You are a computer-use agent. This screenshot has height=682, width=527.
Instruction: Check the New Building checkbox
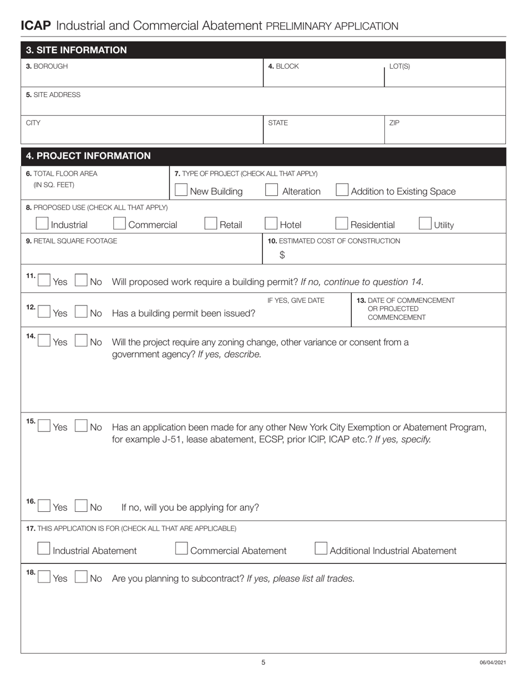pos(180,190)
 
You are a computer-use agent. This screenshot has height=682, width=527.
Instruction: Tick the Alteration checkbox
pos(271,190)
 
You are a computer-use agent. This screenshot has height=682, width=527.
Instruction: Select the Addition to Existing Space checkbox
pos(342,190)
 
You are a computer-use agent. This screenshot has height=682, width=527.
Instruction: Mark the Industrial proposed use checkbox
pos(42,223)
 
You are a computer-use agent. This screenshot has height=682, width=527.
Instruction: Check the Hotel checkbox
pos(271,223)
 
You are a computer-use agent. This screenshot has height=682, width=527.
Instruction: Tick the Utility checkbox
pos(425,223)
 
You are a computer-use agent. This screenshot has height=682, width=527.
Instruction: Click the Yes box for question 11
pos(44,281)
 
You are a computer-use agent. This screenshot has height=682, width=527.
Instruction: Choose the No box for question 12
pos(80,312)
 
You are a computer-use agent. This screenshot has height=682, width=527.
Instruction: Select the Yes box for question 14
pos(44,341)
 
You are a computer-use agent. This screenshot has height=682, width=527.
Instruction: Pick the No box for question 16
pos(80,506)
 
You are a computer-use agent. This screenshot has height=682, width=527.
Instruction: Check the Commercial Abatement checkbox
pos(181,549)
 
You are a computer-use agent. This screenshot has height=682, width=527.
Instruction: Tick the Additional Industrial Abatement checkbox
pos(321,549)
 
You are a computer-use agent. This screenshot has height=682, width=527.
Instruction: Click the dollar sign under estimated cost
pos(282,255)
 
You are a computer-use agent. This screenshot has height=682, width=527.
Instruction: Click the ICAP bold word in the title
pos(36,26)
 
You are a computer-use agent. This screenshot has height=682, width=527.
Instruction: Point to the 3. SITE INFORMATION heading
pos(77,50)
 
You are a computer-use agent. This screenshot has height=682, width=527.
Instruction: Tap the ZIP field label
pos(394,123)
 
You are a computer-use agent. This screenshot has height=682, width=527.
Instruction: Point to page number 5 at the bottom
pos(263,662)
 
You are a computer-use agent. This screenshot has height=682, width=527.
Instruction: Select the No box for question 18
pos(80,577)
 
